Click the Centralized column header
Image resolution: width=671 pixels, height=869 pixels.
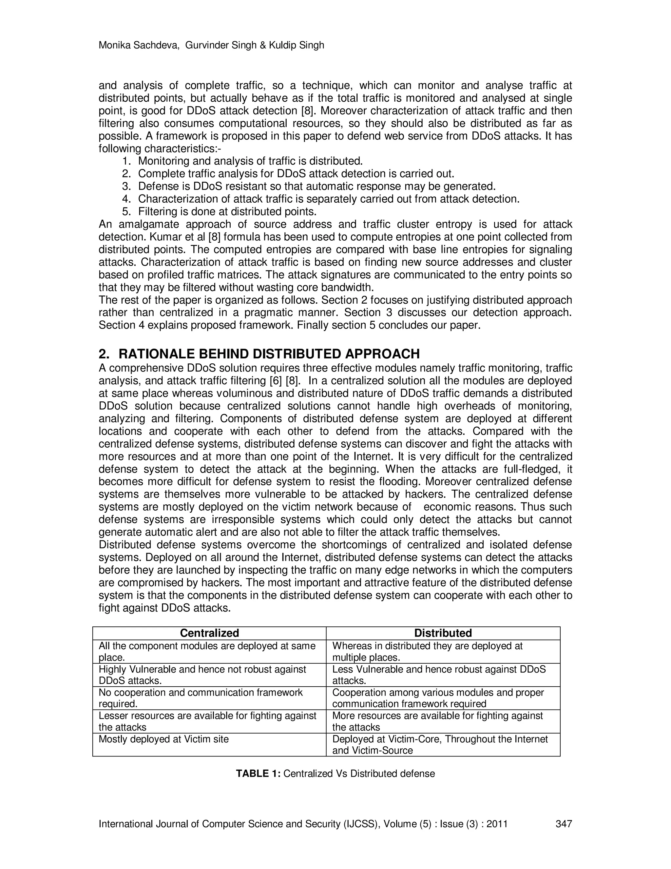pyautogui.click(x=209, y=633)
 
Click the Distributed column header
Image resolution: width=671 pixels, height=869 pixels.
pyautogui.click(x=443, y=633)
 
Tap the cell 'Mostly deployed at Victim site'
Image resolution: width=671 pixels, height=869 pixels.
pyautogui.click(x=163, y=739)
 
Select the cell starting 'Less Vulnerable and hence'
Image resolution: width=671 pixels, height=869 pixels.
pyautogui.click(x=439, y=675)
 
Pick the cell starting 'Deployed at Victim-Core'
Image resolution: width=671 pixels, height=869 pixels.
pyautogui.click(x=440, y=744)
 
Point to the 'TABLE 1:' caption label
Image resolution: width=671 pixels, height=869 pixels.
pyautogui.click(x=259, y=774)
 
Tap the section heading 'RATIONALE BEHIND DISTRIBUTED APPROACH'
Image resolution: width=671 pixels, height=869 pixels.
pyautogui.click(x=269, y=354)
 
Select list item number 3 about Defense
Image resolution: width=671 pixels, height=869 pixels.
pyautogui.click(x=317, y=186)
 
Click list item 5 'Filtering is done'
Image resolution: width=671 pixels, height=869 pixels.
pyautogui.click(x=227, y=211)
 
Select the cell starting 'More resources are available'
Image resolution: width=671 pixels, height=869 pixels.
pyautogui.click(x=437, y=721)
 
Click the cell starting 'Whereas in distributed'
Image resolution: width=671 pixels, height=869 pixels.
pyautogui.click(x=427, y=651)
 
